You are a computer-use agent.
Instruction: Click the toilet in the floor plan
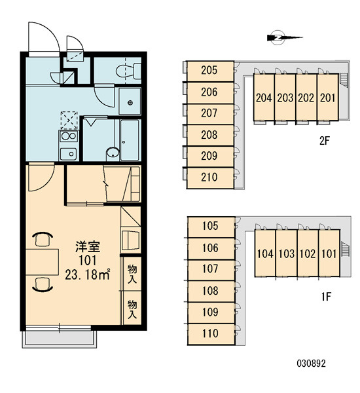tap(128, 71)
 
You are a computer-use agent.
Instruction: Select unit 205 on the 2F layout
tap(210, 71)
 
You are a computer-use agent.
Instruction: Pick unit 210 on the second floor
tap(210, 178)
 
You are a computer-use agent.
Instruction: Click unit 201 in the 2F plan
tap(328, 98)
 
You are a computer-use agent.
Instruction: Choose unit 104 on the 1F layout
tap(265, 253)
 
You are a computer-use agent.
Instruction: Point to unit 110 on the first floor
tap(211, 334)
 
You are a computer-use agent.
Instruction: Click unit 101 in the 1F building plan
tap(329, 253)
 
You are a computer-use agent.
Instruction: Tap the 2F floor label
tap(324, 141)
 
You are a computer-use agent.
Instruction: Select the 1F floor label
tap(326, 297)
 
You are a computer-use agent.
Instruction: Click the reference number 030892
tap(312, 363)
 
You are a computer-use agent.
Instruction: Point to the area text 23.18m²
tap(88, 274)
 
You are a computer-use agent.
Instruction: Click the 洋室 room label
tap(88, 247)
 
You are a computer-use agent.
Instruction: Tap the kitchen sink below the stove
tap(68, 154)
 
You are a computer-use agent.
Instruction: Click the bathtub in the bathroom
tap(129, 140)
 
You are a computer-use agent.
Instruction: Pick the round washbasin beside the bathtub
tap(113, 153)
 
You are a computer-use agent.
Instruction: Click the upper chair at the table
tap(43, 239)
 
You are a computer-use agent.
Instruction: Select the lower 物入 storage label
tap(132, 310)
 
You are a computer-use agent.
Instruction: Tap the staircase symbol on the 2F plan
tap(344, 81)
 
